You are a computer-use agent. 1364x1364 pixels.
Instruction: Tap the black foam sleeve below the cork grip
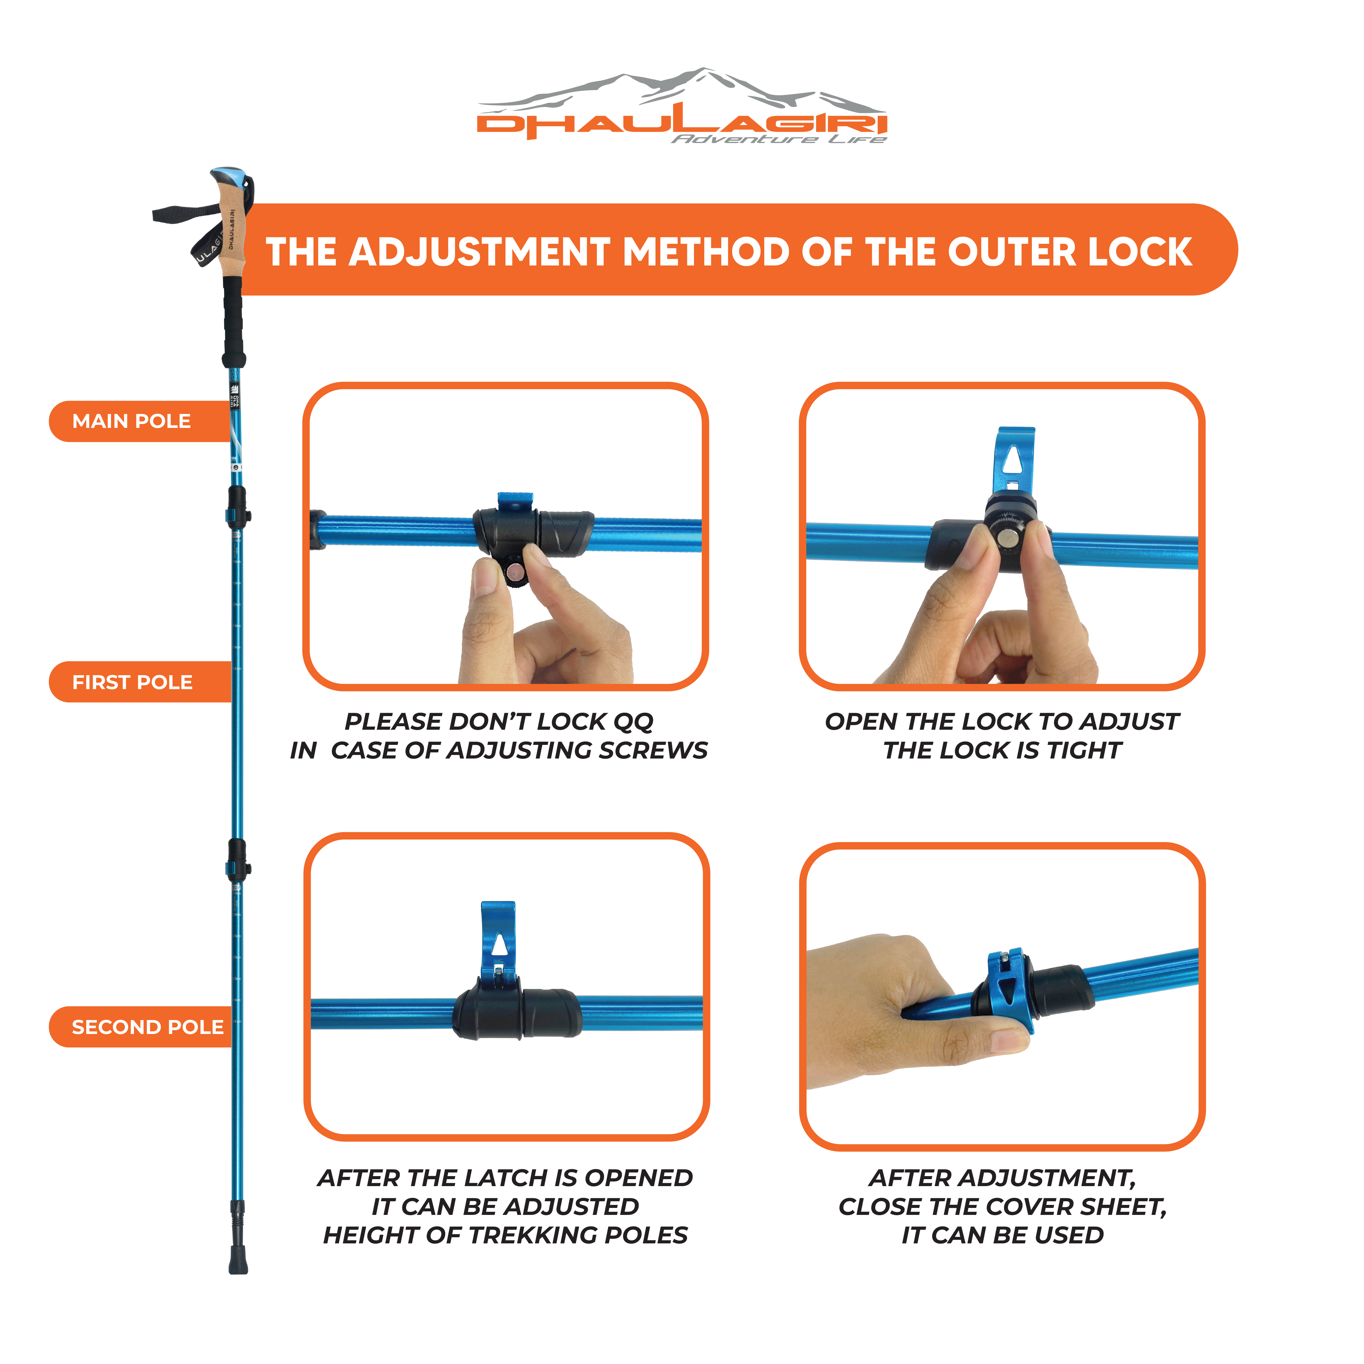pos(233,321)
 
